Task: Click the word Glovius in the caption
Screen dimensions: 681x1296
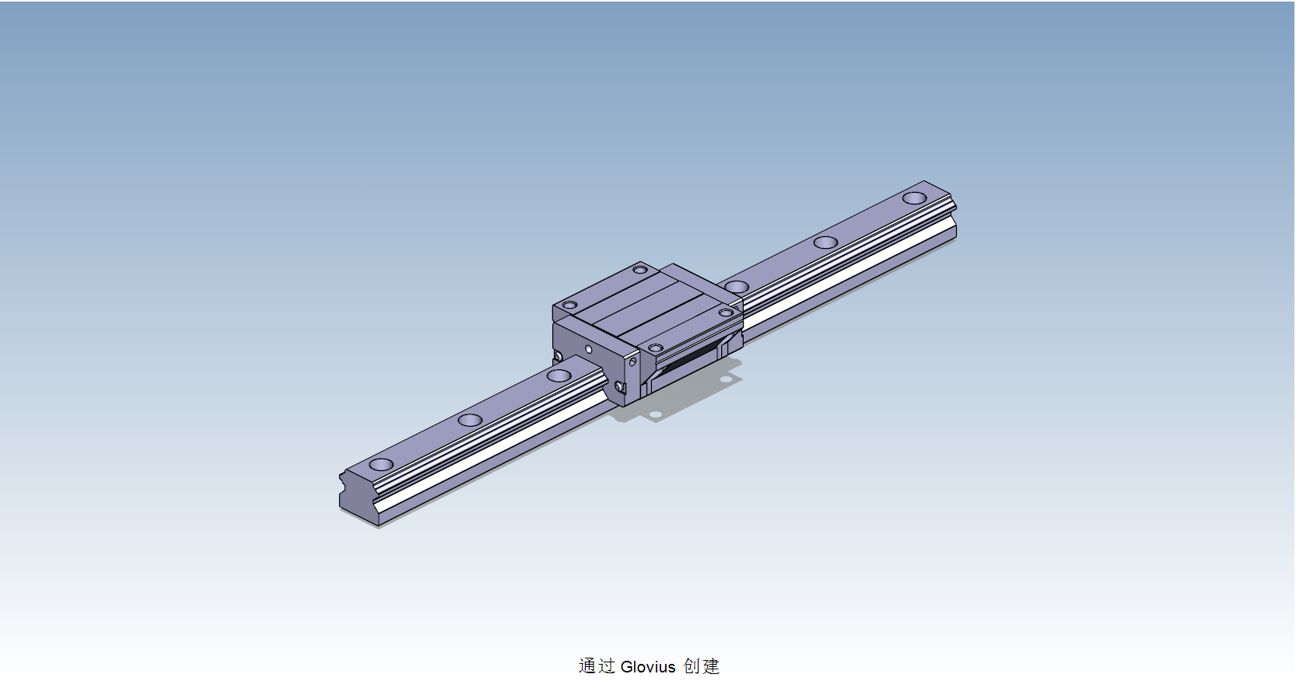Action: coord(647,666)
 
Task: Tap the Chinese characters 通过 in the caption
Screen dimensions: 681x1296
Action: coord(597,666)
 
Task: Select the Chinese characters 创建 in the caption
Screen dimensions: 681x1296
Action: coord(701,666)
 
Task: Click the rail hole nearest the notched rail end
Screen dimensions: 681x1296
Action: coord(381,465)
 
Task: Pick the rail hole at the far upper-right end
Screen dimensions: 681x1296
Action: coord(914,197)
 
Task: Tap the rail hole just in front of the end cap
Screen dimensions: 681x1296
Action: coord(559,376)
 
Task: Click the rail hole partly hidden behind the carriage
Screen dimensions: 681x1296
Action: coord(737,287)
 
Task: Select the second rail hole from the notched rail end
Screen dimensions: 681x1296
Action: coord(470,421)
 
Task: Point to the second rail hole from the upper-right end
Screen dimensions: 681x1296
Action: coord(825,243)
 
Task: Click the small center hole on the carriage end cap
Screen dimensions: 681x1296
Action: coord(589,350)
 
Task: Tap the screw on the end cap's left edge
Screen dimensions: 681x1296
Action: coord(558,357)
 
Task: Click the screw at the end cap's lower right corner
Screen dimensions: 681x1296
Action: coord(620,386)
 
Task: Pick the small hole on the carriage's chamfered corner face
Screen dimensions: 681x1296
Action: coord(633,361)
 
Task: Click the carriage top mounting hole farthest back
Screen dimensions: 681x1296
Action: coord(640,270)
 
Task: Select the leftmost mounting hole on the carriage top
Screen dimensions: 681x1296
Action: coord(570,305)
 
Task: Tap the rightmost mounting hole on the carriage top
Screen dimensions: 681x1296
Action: coord(726,313)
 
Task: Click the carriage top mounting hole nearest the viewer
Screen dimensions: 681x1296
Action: coord(656,347)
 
